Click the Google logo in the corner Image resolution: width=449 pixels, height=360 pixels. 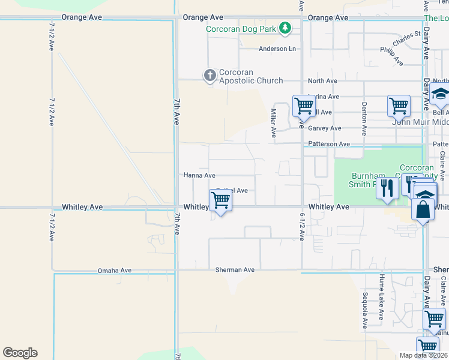(20, 353)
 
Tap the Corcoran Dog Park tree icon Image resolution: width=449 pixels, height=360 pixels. (286, 28)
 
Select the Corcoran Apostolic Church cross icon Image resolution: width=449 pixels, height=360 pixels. (209, 75)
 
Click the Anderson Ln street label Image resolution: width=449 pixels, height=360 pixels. (277, 49)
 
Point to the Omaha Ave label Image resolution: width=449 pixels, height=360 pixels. (115, 271)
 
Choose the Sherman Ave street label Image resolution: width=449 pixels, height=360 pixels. (235, 270)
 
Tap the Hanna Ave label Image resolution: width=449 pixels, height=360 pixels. (199, 175)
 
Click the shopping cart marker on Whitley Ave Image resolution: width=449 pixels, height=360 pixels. (221, 200)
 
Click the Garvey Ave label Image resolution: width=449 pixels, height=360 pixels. (324, 128)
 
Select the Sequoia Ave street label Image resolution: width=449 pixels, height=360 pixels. (364, 311)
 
